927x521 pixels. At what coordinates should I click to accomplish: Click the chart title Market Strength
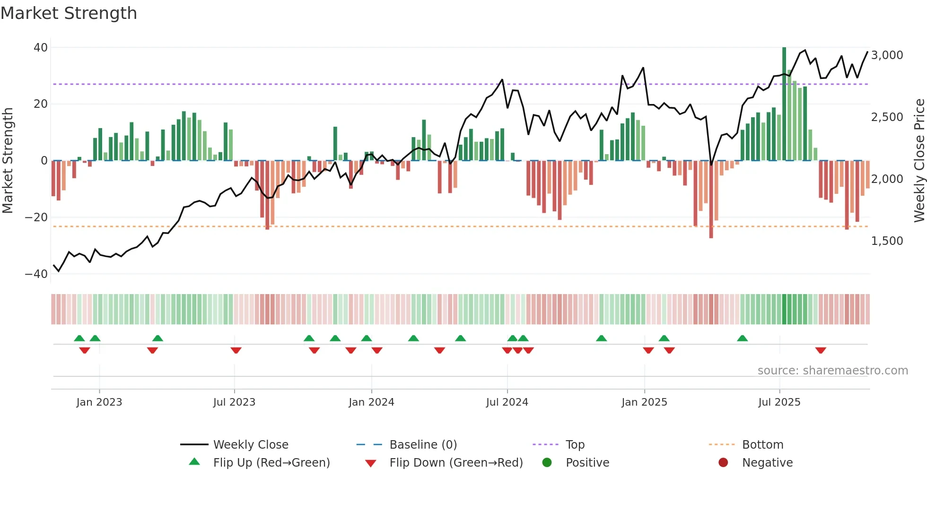pyautogui.click(x=69, y=13)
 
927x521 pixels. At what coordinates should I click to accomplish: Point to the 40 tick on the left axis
pyautogui.click(x=41, y=47)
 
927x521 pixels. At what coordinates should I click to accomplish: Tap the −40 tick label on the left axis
pyautogui.click(x=36, y=274)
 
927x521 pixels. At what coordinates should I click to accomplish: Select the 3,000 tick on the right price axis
pyautogui.click(x=887, y=55)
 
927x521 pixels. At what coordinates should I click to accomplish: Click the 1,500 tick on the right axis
pyautogui.click(x=887, y=241)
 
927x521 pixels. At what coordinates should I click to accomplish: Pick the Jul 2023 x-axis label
pyautogui.click(x=234, y=402)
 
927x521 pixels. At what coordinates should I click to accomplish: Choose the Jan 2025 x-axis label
pyautogui.click(x=644, y=402)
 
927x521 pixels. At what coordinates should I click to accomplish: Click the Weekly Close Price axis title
pyautogui.click(x=919, y=160)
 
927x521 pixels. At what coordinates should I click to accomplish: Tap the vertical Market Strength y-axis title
pyautogui.click(x=8, y=160)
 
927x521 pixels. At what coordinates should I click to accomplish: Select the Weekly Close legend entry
pyautogui.click(x=251, y=445)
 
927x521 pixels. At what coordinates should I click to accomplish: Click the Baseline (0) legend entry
pyautogui.click(x=423, y=445)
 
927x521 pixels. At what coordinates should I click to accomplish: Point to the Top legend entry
pyautogui.click(x=575, y=445)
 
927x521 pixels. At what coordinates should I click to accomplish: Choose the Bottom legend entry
pyautogui.click(x=762, y=445)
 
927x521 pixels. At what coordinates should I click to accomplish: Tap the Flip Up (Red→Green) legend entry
pyautogui.click(x=271, y=463)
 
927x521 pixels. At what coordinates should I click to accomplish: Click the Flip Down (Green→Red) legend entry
pyautogui.click(x=456, y=463)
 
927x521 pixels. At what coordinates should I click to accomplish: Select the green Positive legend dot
pyautogui.click(x=547, y=463)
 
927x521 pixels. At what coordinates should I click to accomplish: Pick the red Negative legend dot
pyautogui.click(x=723, y=463)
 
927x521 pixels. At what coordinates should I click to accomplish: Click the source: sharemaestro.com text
pyautogui.click(x=832, y=371)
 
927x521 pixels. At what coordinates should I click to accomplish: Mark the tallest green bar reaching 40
pyautogui.click(x=784, y=104)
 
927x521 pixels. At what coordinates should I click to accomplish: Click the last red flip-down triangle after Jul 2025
pyautogui.click(x=821, y=350)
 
